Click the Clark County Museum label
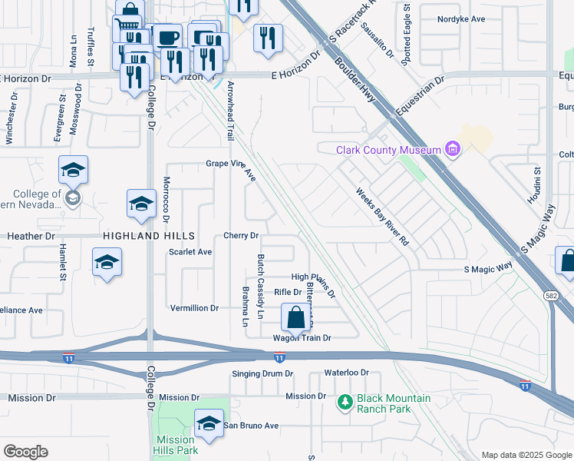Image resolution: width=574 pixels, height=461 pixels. [x=389, y=150]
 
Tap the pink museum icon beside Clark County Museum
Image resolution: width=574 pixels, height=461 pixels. [x=452, y=149]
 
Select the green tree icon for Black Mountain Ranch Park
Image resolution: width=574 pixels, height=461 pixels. [x=345, y=400]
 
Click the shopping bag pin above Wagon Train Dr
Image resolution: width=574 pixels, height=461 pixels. [x=295, y=317]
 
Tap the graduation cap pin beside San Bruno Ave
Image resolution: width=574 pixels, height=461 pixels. [x=209, y=423]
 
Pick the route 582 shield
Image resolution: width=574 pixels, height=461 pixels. [x=553, y=295]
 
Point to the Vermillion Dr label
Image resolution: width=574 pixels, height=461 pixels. [x=194, y=308]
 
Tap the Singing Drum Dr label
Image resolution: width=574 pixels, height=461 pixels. [x=263, y=373]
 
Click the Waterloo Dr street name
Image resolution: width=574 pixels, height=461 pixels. [x=346, y=373]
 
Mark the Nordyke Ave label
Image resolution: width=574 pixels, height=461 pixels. [x=461, y=18]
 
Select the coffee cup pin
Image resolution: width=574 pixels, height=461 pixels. [x=167, y=37]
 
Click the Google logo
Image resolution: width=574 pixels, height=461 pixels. [x=25, y=452]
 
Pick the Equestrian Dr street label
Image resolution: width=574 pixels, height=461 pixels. [x=420, y=96]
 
